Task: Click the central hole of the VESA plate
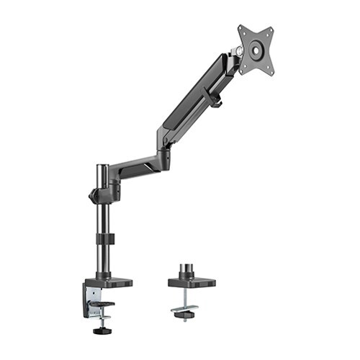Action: coord(256,50)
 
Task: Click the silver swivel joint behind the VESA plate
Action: coord(236,52)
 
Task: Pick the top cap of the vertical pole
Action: coord(103,167)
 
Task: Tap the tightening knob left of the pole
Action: coord(92,195)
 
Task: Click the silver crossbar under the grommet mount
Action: coord(186,310)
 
